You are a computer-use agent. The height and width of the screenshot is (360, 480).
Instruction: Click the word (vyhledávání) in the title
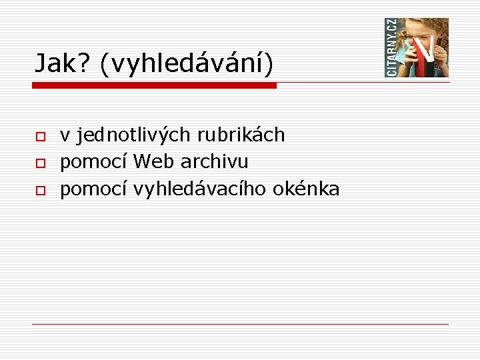pyautogui.click(x=186, y=64)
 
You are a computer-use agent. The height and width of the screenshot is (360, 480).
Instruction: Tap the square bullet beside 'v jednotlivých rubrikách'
pyautogui.click(x=40, y=136)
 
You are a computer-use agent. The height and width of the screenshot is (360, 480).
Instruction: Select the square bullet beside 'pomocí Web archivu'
pyautogui.click(x=40, y=163)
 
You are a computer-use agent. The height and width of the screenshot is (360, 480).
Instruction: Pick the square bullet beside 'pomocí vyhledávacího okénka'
pyautogui.click(x=40, y=190)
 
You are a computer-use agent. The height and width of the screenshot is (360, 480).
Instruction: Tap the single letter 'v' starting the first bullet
pyautogui.click(x=65, y=136)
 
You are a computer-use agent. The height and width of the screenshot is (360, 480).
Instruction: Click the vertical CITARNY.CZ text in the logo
pyautogui.click(x=391, y=47)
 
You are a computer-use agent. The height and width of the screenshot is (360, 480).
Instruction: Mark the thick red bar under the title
pyautogui.click(x=155, y=85)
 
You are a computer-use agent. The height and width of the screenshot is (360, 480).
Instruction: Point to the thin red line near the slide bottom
pyautogui.click(x=240, y=324)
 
